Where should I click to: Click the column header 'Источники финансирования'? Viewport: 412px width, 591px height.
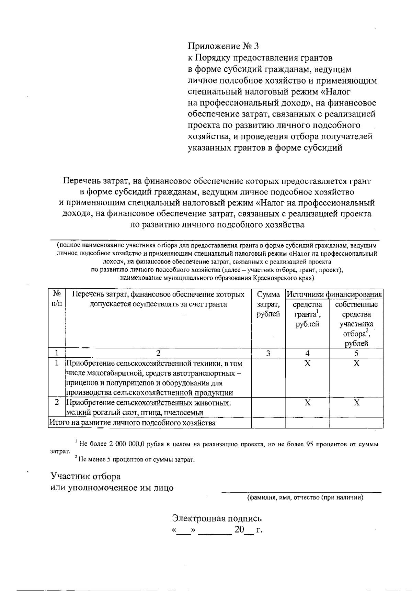(334, 294)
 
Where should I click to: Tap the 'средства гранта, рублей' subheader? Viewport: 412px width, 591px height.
(307, 314)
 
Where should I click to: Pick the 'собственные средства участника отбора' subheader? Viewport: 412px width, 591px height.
(356, 324)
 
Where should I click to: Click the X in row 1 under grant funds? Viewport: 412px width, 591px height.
(308, 364)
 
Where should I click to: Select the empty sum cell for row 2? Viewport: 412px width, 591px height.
(268, 408)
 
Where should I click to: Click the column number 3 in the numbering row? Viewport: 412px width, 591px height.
(268, 353)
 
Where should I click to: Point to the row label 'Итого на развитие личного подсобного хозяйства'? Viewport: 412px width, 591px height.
(133, 423)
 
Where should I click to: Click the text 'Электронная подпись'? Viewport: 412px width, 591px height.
(217, 518)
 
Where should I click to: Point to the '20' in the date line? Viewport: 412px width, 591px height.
(239, 530)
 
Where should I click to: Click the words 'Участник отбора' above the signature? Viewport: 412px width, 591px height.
(85, 477)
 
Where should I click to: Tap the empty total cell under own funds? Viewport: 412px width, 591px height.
(356, 423)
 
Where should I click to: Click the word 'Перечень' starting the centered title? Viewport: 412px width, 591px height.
(80, 181)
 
